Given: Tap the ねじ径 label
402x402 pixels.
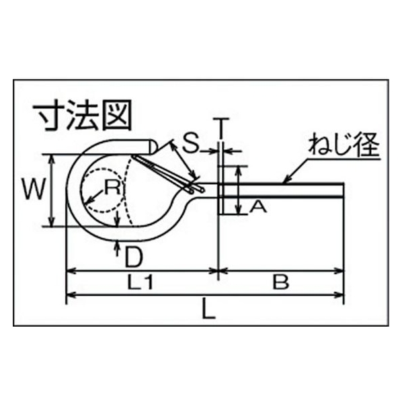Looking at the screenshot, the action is click(344, 145).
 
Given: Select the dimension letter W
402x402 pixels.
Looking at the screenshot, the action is click(34, 190).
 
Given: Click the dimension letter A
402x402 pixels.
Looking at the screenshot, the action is click(258, 207).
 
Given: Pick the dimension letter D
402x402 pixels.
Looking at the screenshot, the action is click(133, 257).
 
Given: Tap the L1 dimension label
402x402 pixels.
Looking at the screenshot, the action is click(140, 282).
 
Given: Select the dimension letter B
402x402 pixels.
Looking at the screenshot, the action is click(281, 282).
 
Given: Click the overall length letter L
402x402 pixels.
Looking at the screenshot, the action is click(208, 309).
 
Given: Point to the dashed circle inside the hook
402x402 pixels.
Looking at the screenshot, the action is click(104, 169).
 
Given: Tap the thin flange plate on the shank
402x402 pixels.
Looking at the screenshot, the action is click(220, 190).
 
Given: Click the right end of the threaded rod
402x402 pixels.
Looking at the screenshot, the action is click(343, 190).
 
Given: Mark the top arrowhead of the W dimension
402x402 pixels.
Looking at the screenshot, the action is click(52, 159).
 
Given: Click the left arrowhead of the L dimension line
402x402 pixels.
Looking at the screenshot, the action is click(71, 295).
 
